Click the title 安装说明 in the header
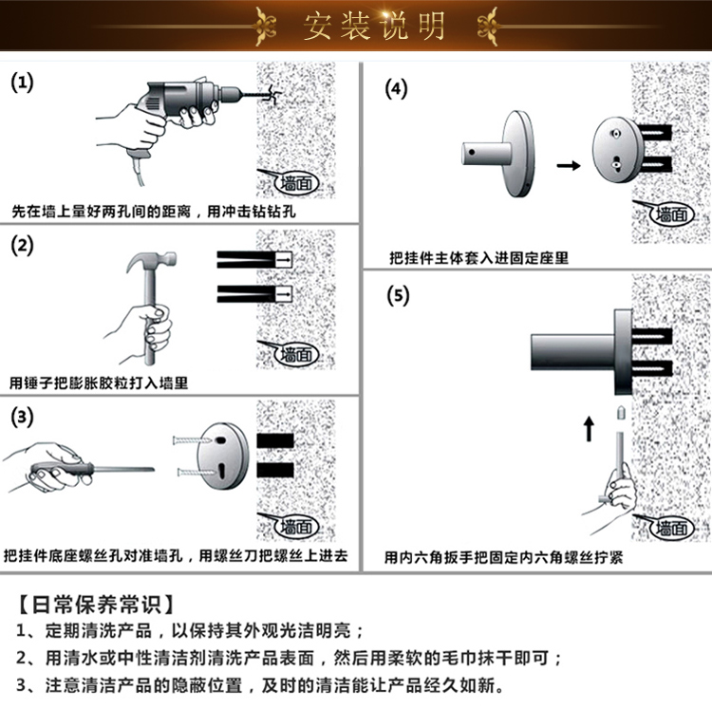[x=374, y=26]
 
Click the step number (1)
[x=22, y=82]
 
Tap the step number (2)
[x=22, y=246]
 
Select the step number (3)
[x=22, y=418]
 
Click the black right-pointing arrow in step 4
[x=568, y=165]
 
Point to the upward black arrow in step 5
[x=588, y=428]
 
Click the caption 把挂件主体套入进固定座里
[x=479, y=257]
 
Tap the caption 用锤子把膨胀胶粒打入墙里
[x=100, y=382]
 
